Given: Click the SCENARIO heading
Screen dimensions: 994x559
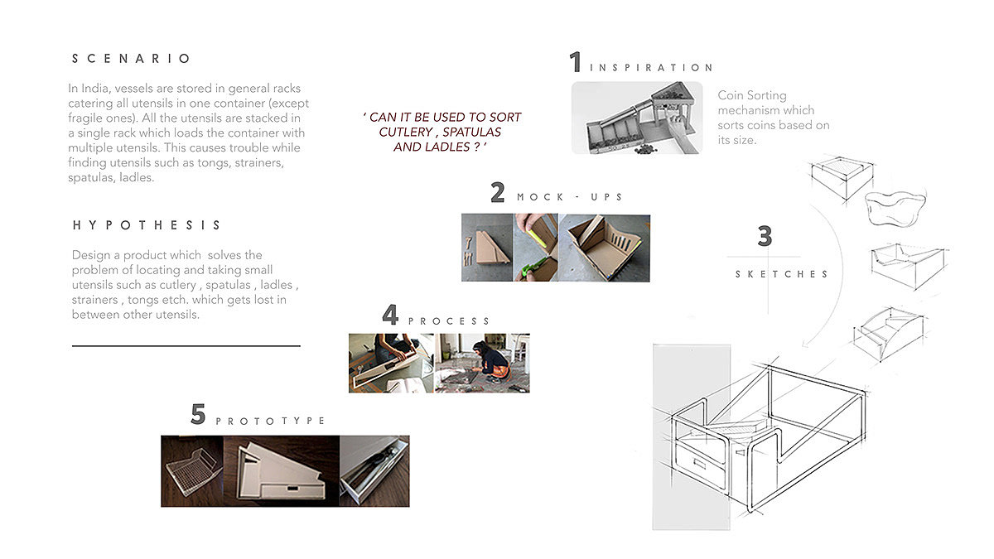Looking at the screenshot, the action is [132, 59].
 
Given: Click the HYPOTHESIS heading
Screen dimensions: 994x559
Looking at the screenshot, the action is [147, 225].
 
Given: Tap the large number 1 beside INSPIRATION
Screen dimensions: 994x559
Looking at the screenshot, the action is [576, 61].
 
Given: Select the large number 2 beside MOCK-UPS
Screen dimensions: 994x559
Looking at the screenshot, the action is [498, 192].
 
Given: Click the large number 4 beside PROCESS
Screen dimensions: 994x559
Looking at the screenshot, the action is [390, 315].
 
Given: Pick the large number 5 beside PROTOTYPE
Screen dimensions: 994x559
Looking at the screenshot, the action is [198, 414].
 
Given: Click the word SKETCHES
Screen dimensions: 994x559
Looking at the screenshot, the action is [781, 274].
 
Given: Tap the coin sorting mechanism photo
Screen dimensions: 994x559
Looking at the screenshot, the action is [637, 118].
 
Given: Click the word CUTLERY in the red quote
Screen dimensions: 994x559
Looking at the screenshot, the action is [406, 133].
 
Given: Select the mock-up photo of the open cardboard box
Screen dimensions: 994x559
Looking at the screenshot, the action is [605, 248].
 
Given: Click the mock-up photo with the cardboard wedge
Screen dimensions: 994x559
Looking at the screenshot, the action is [487, 248].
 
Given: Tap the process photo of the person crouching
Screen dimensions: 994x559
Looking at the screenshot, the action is [482, 363].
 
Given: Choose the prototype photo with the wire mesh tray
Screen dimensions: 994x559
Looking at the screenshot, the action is [192, 471].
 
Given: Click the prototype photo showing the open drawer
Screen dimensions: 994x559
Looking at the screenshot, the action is [374, 471].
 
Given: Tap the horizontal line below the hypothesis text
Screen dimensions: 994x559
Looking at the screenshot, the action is [186, 345].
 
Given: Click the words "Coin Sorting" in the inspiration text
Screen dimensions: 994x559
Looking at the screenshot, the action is [752, 95].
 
